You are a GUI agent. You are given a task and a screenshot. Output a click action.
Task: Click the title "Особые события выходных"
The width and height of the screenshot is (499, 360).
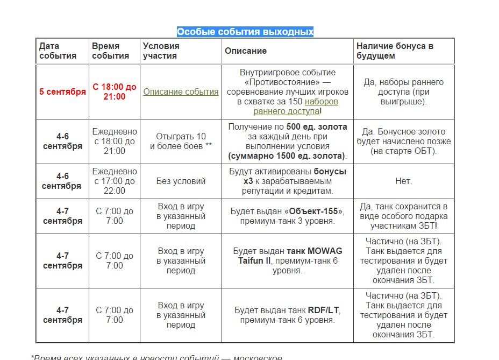pos(245,32)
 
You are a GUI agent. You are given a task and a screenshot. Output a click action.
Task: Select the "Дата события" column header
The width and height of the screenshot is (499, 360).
pos(58,51)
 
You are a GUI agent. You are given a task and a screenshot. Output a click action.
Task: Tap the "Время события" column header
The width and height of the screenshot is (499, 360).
pos(110,51)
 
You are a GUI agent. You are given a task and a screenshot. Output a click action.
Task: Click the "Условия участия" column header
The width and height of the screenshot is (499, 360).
pos(161,51)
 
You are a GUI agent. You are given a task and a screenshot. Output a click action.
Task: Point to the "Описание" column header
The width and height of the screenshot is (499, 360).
pos(246,51)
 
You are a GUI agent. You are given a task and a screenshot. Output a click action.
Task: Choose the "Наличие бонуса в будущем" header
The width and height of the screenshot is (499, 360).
pos(395,51)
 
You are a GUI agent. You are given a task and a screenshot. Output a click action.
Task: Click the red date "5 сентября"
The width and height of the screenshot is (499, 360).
pos(62,91)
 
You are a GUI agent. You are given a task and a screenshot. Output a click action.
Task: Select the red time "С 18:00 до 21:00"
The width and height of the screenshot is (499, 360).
pos(115,91)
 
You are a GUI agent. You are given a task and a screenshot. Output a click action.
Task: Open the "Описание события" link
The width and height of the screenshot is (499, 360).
pos(181,91)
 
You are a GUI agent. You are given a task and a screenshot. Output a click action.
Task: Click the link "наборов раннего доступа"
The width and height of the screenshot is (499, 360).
pos(296,106)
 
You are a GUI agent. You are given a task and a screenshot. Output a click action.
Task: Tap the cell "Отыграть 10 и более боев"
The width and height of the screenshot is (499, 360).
pos(181,141)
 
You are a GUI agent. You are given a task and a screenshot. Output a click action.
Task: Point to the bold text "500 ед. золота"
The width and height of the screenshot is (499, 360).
pos(317,127)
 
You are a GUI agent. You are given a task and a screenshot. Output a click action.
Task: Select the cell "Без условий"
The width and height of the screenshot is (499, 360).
pos(181,181)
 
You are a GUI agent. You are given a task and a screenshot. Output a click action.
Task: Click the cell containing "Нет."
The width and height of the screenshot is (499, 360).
pos(403,181)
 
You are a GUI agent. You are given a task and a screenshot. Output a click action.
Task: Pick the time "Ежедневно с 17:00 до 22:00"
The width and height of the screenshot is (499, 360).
pos(115,181)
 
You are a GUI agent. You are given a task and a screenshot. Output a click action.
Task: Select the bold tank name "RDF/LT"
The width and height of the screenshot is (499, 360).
pos(324,310)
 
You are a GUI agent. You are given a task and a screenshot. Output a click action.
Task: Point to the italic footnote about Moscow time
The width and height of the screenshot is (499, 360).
pos(156,356)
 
